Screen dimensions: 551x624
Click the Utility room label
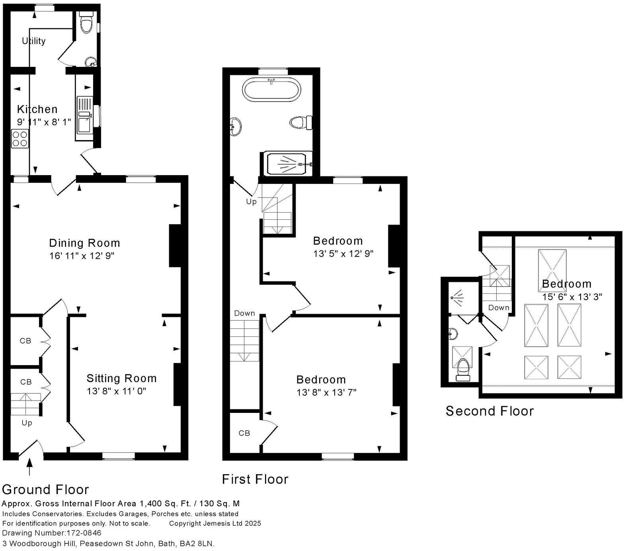(33, 41)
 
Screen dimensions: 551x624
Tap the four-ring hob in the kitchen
(19, 138)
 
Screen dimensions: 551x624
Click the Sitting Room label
(121, 378)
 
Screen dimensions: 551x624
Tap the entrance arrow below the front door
(29, 467)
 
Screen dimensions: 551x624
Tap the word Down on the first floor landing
(244, 313)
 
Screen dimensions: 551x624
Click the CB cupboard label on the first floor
(244, 433)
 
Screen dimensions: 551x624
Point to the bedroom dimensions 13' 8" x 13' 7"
(326, 393)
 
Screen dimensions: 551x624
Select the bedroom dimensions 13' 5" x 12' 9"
(343, 254)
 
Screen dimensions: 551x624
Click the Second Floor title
(489, 411)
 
